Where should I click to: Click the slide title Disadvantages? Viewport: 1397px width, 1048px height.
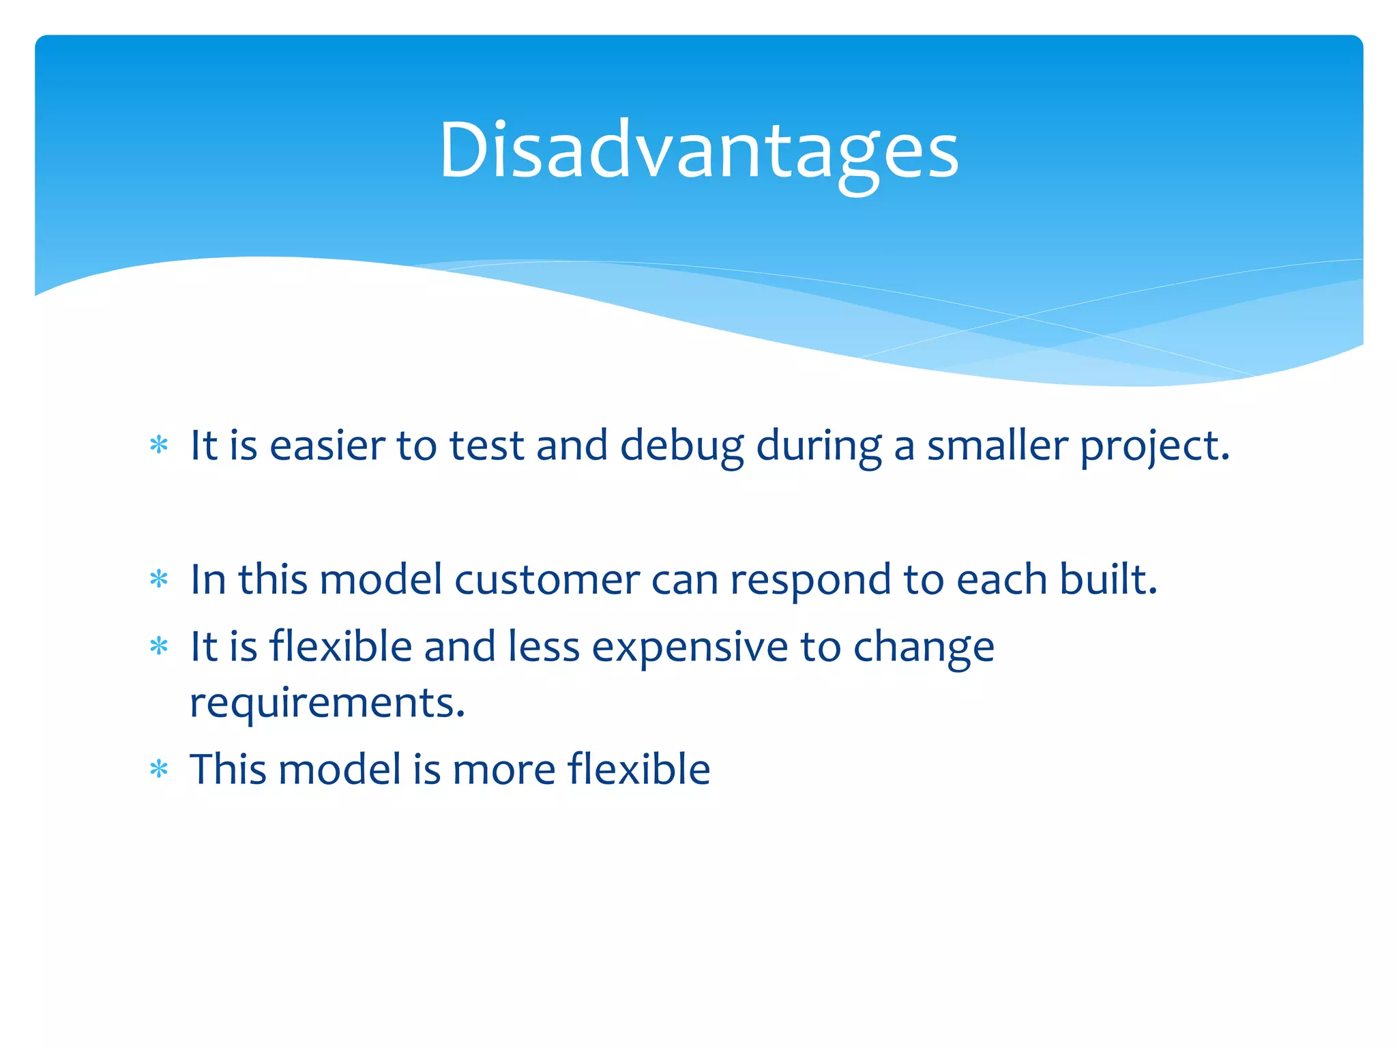tap(698, 150)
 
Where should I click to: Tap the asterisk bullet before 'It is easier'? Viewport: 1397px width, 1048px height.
tap(159, 446)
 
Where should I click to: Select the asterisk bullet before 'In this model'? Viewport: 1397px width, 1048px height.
tap(159, 579)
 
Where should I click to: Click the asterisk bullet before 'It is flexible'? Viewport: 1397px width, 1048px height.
tap(159, 645)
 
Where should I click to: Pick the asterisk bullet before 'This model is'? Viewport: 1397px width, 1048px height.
tap(159, 770)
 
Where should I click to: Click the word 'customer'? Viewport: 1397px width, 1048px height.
tap(547, 580)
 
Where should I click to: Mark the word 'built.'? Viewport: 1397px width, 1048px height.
tap(1108, 579)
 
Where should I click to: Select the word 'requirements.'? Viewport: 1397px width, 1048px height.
tap(327, 703)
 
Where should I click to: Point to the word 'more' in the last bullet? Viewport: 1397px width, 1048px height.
tap(504, 770)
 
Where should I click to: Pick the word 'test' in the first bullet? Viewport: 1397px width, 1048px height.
tap(486, 446)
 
